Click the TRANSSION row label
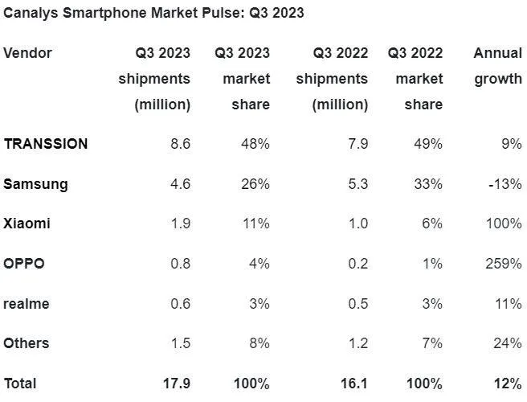pos(46,144)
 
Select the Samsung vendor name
pos(35,184)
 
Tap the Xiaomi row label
pos(27,224)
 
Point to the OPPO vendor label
pos(24,264)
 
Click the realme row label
pos(26,303)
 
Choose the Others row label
pos(26,343)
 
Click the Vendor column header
pos(27,53)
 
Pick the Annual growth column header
pos(497,66)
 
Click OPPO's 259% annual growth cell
pos(504,264)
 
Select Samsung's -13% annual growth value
pos(505,184)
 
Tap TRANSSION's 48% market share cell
pos(255,144)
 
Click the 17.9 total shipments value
pos(176,384)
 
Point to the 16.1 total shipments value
pos(353,384)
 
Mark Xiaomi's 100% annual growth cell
pos(504,224)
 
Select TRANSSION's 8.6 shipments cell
pos(180,144)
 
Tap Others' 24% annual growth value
pos(508,343)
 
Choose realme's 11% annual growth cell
pos(509,303)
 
